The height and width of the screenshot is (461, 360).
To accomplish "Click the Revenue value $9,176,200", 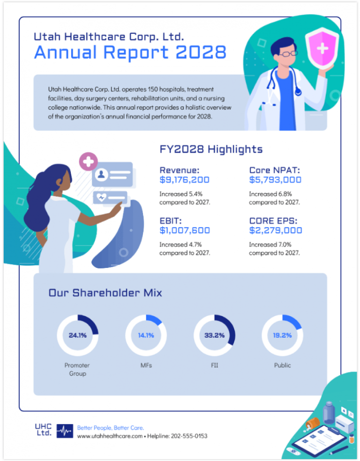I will (184, 179).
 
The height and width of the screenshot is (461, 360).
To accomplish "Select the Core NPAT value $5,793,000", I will (275, 179).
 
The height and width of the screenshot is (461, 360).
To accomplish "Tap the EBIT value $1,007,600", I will (184, 230).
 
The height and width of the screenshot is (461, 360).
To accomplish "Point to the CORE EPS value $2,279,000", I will (276, 230).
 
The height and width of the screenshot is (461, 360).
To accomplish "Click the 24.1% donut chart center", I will (77, 335).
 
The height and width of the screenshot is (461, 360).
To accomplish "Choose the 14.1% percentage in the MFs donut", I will (146, 335).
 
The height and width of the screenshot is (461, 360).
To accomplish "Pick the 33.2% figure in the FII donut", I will (214, 335).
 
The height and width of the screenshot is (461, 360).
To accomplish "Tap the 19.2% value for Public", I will (282, 335).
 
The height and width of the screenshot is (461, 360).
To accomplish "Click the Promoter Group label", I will (77, 369).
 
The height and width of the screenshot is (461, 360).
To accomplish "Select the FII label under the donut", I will (214, 365).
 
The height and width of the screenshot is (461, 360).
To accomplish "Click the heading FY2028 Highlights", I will (211, 149).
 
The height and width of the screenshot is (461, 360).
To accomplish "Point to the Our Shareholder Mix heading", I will (105, 293).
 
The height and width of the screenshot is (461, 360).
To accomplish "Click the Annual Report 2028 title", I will (130, 52).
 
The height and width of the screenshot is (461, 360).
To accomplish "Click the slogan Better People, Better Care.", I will (110, 428).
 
